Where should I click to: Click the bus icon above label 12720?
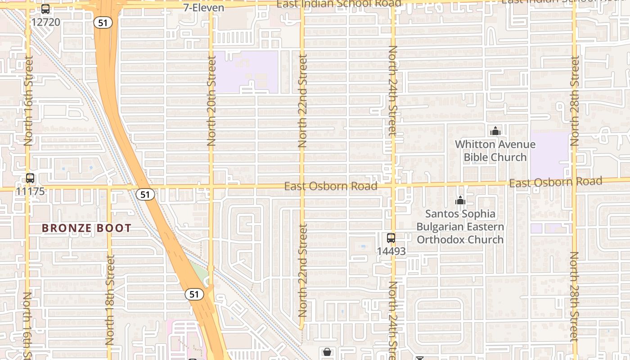coord(45,9)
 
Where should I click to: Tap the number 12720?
coord(45,22)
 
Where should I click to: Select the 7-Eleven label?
coord(203,8)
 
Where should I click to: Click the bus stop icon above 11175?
coord(30,178)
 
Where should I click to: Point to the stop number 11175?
coord(30,191)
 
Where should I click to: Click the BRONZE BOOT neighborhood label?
coord(86,228)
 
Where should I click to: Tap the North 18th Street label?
coord(110,300)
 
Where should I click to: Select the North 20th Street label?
coord(211,101)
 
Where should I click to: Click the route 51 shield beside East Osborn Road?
coord(145,194)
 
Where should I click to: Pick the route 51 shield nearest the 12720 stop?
coord(103,22)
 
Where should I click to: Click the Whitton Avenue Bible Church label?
coord(495,151)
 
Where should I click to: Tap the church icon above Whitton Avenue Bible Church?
coord(495,131)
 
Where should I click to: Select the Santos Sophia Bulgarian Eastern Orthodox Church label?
coord(460,226)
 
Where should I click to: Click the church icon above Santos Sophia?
coord(460,200)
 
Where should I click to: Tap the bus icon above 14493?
coord(391,238)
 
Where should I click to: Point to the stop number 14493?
coord(391,251)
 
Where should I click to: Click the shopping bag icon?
coord(327,351)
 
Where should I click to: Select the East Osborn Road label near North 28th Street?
coord(555,182)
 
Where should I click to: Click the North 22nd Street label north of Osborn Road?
coord(302,101)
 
